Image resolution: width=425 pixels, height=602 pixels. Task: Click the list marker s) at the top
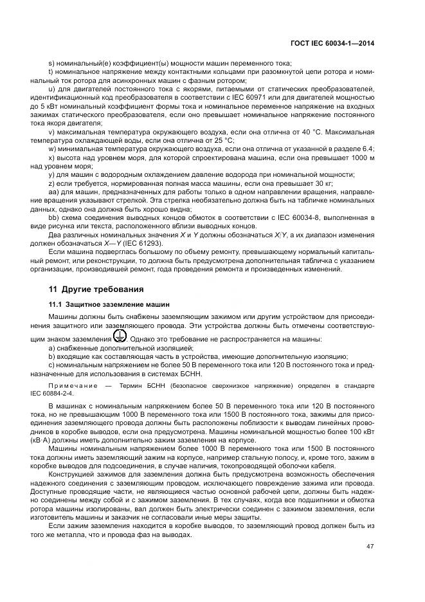[51, 63]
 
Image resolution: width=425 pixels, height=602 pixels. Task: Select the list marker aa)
[53, 192]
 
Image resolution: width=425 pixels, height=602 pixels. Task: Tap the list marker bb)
[53, 217]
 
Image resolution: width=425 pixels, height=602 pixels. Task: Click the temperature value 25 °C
[223, 140]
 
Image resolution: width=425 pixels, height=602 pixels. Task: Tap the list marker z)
[51, 183]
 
